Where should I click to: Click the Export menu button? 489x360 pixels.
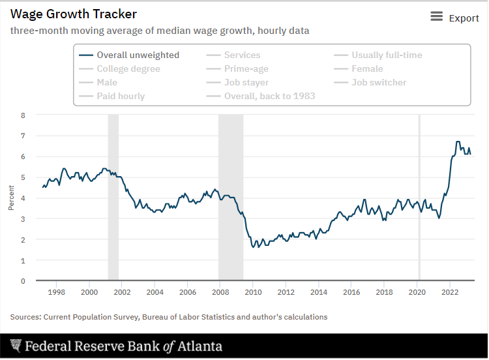pos(454,18)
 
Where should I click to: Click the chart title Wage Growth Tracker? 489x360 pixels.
pos(74,14)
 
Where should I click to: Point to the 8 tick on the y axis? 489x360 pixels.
pos(23,115)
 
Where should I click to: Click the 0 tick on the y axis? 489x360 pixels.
pos(23,281)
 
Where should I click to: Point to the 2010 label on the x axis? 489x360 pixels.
pos(253,293)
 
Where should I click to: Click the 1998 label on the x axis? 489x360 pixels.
pos(56,293)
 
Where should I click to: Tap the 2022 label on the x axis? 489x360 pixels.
pos(450,293)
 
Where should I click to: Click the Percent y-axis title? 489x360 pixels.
pos(11,198)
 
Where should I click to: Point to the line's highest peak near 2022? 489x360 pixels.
pos(458,142)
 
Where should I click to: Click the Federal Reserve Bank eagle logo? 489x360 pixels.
pos(16,346)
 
